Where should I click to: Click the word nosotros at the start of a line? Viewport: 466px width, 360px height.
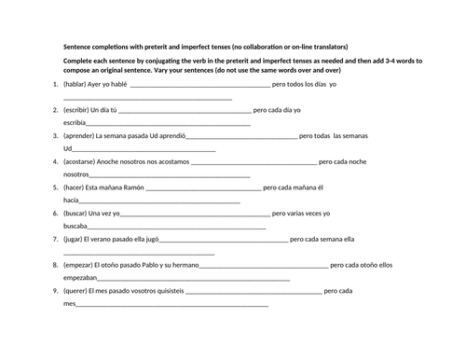[x=76, y=174]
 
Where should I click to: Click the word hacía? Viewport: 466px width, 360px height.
[x=71, y=201]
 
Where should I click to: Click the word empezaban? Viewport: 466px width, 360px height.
[x=81, y=278]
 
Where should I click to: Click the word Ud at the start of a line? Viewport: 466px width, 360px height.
[x=68, y=148]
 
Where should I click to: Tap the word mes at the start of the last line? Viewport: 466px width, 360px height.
[x=69, y=304]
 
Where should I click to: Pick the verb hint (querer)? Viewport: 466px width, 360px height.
[x=79, y=291]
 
